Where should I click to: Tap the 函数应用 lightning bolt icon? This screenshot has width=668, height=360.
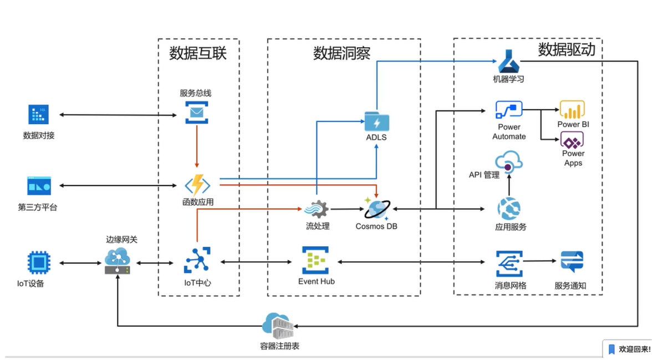[197, 185]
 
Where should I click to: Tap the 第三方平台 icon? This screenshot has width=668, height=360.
[39, 186]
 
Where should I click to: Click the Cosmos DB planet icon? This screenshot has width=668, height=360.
[376, 209]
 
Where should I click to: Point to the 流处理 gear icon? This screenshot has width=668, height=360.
[318, 209]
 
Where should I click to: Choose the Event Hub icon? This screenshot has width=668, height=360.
[315, 260]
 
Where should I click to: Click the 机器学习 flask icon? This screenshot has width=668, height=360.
[508, 61]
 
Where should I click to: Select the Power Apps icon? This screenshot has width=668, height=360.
[572, 139]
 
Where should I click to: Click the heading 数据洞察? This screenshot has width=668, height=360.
[341, 53]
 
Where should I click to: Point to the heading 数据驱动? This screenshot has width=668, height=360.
[567, 50]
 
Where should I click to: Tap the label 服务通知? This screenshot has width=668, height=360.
[570, 286]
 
